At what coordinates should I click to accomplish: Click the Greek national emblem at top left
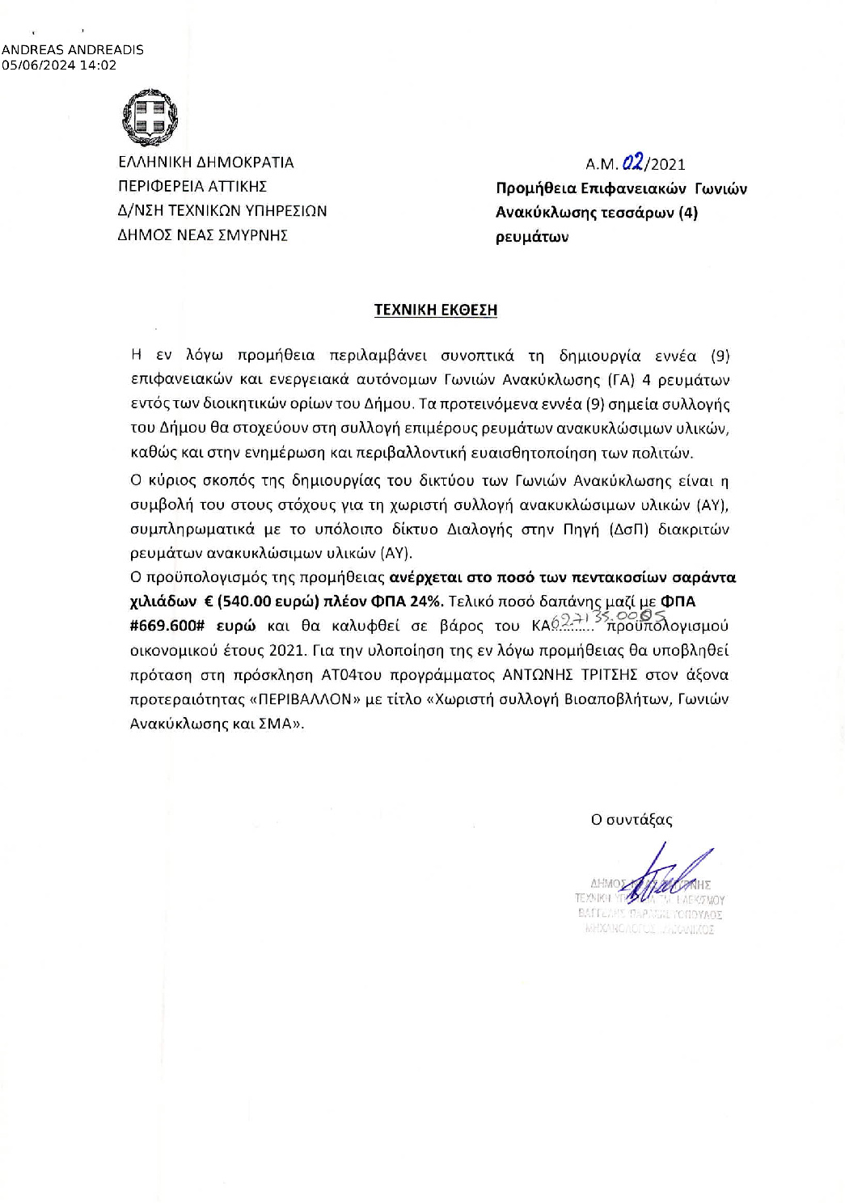[150, 118]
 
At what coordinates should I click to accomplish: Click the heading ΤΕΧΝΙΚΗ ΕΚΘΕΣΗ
[435, 310]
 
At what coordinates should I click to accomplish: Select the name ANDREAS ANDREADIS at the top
[73, 49]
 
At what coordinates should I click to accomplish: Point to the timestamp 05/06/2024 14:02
[60, 65]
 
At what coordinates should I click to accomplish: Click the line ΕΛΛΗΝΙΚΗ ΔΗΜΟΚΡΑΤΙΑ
[206, 163]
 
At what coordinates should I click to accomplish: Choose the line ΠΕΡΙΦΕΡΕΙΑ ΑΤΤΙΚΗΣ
[193, 187]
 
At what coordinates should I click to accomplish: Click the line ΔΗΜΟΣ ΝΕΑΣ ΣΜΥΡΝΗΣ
[203, 236]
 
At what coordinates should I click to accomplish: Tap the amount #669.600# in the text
[168, 626]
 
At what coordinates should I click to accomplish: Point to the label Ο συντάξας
[632, 820]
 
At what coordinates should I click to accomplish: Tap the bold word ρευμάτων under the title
[532, 238]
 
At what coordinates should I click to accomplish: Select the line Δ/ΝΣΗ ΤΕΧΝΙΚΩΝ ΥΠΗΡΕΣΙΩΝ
[222, 211]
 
